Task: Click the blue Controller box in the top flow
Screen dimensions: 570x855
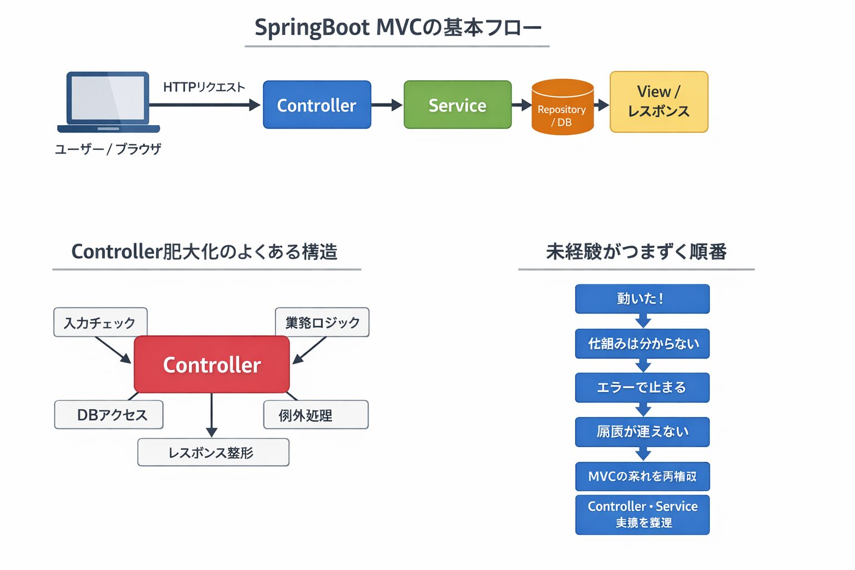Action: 317,105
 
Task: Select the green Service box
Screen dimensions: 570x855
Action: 458,105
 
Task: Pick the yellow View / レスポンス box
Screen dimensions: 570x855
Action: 659,102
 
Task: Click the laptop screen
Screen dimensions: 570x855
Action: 108,98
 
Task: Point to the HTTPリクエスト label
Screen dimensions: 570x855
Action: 204,87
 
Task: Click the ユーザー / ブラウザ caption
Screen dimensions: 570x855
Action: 108,149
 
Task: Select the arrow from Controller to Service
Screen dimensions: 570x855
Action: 387,105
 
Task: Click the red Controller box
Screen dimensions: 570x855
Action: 212,365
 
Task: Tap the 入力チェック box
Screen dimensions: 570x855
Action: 100,322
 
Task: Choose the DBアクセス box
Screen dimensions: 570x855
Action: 109,415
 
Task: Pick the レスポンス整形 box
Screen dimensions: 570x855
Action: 213,453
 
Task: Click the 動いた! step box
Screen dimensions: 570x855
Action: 642,299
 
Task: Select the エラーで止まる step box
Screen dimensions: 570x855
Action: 642,387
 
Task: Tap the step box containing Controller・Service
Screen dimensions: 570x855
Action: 642,514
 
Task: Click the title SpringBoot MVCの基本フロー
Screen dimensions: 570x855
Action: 397,28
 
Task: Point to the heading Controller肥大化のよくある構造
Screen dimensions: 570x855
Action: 205,252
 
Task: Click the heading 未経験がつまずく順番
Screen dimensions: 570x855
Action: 636,252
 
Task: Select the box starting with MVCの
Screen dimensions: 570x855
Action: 642,476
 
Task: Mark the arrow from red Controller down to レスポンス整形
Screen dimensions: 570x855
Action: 212,415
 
